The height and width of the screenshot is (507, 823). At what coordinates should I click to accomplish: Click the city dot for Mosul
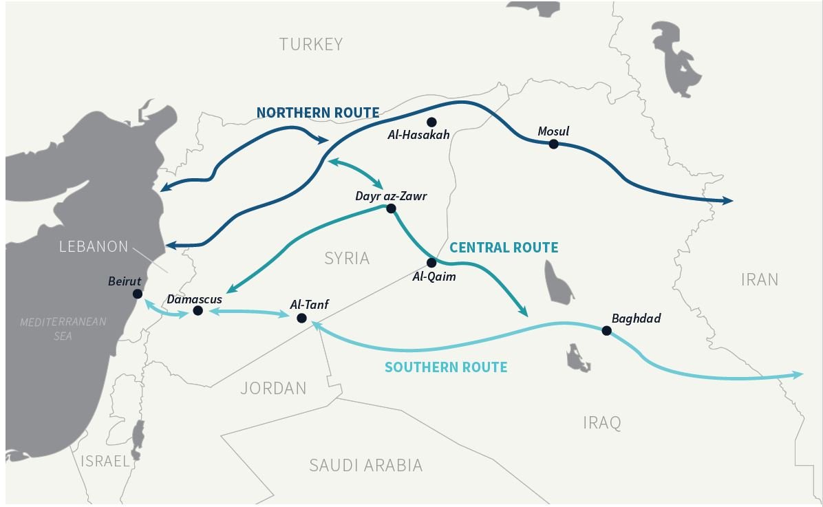point(553,144)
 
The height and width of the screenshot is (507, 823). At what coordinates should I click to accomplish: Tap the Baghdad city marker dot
point(606,331)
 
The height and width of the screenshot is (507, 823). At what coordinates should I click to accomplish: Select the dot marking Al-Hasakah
point(431,122)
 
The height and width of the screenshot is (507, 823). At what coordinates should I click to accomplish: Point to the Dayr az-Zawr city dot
point(391,208)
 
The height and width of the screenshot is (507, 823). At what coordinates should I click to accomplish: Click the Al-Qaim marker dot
point(431,263)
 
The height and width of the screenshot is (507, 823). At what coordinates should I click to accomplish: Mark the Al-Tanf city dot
point(301,318)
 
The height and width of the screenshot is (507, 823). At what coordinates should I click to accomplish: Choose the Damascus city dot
point(197,311)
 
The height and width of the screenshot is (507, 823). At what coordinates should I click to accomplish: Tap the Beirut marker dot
point(138,294)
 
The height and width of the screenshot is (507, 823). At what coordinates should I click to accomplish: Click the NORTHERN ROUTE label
point(317,113)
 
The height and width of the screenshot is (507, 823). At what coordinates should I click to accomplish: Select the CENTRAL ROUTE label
point(504,248)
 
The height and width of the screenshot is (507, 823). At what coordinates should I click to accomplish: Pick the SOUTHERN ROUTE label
point(446,367)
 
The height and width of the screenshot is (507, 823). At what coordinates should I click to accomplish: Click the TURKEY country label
point(310,45)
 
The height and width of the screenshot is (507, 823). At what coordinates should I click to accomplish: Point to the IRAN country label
point(760,279)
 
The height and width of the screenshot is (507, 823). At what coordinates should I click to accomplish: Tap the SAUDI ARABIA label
point(365,466)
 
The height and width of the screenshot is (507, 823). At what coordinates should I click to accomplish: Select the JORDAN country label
point(273,389)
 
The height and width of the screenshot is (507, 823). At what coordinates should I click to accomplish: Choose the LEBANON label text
point(94,246)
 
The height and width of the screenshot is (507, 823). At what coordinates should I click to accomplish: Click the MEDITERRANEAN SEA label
point(63,329)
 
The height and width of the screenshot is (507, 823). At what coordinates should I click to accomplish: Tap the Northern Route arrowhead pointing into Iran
point(727,201)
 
